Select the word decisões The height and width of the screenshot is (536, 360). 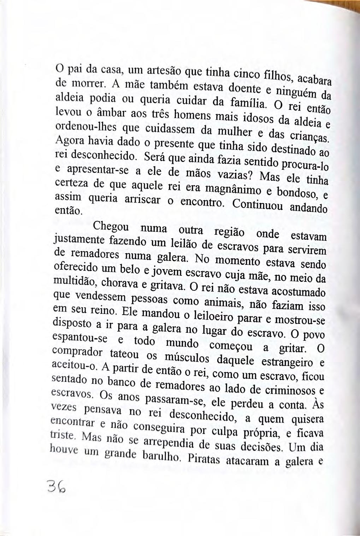click(259, 447)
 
